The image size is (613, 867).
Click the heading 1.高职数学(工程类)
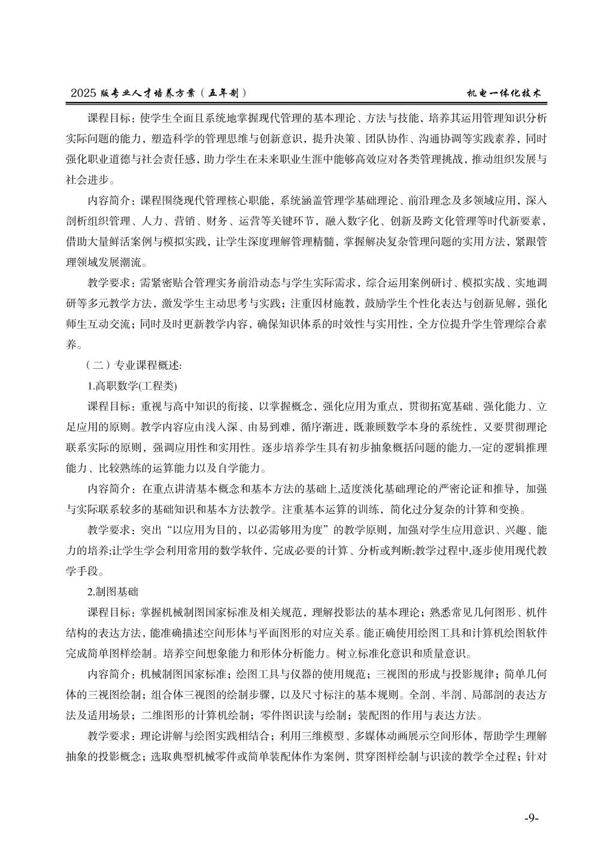click(132, 386)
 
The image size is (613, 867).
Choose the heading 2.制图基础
click(113, 592)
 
